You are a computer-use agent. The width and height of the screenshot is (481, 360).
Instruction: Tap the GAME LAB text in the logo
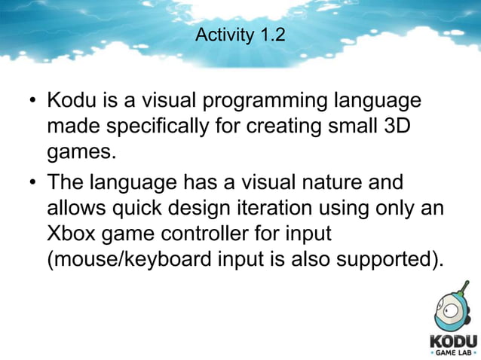click(x=454, y=352)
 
